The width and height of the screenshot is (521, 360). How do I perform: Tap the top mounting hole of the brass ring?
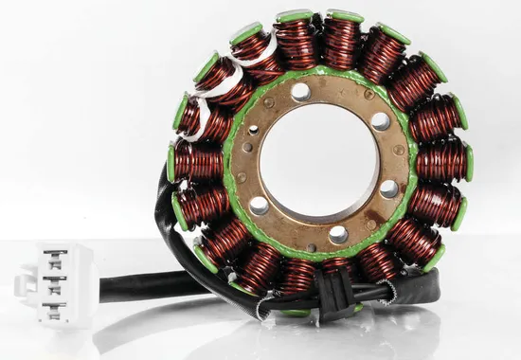point(301,92)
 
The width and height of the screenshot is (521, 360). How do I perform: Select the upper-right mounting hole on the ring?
point(380,121)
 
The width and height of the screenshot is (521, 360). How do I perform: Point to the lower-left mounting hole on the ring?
point(258,204)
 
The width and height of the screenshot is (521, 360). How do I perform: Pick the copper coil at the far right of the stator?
point(443,161)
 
